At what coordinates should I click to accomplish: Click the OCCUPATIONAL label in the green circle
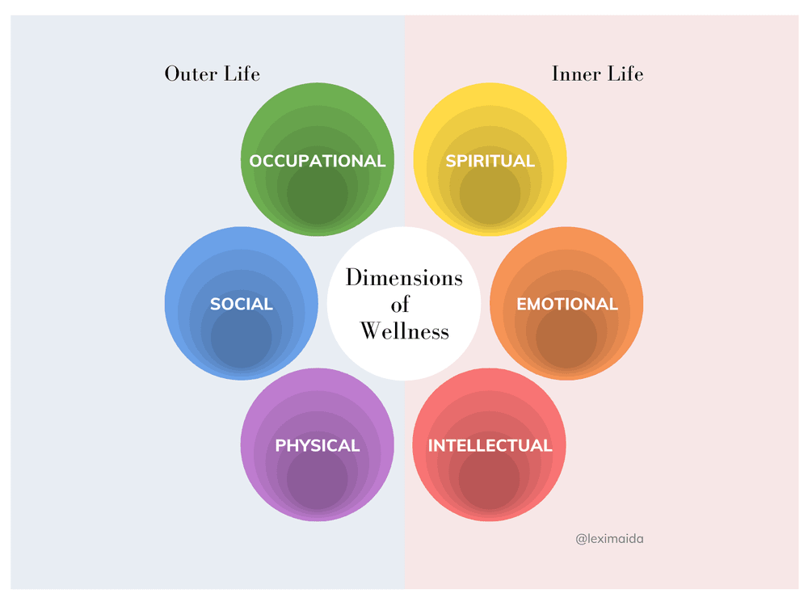click(318, 161)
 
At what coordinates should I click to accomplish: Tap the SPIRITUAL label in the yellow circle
click(490, 161)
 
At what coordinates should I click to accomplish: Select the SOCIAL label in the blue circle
click(242, 304)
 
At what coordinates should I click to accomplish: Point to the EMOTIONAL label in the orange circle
click(567, 304)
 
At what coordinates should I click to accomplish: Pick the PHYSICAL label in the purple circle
click(318, 445)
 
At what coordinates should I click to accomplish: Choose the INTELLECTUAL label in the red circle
click(490, 445)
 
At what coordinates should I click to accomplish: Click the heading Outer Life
click(213, 74)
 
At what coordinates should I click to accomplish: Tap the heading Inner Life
click(598, 74)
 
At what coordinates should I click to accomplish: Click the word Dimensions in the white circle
click(404, 277)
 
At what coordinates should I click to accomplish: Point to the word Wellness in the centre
click(404, 330)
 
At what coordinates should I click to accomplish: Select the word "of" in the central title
click(401, 304)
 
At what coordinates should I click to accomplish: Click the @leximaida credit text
click(610, 538)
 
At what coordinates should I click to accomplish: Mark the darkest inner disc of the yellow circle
click(490, 195)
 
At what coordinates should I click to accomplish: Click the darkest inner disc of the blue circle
click(242, 338)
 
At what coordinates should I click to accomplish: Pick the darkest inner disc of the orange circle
click(566, 338)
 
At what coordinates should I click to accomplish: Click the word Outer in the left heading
click(191, 74)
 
